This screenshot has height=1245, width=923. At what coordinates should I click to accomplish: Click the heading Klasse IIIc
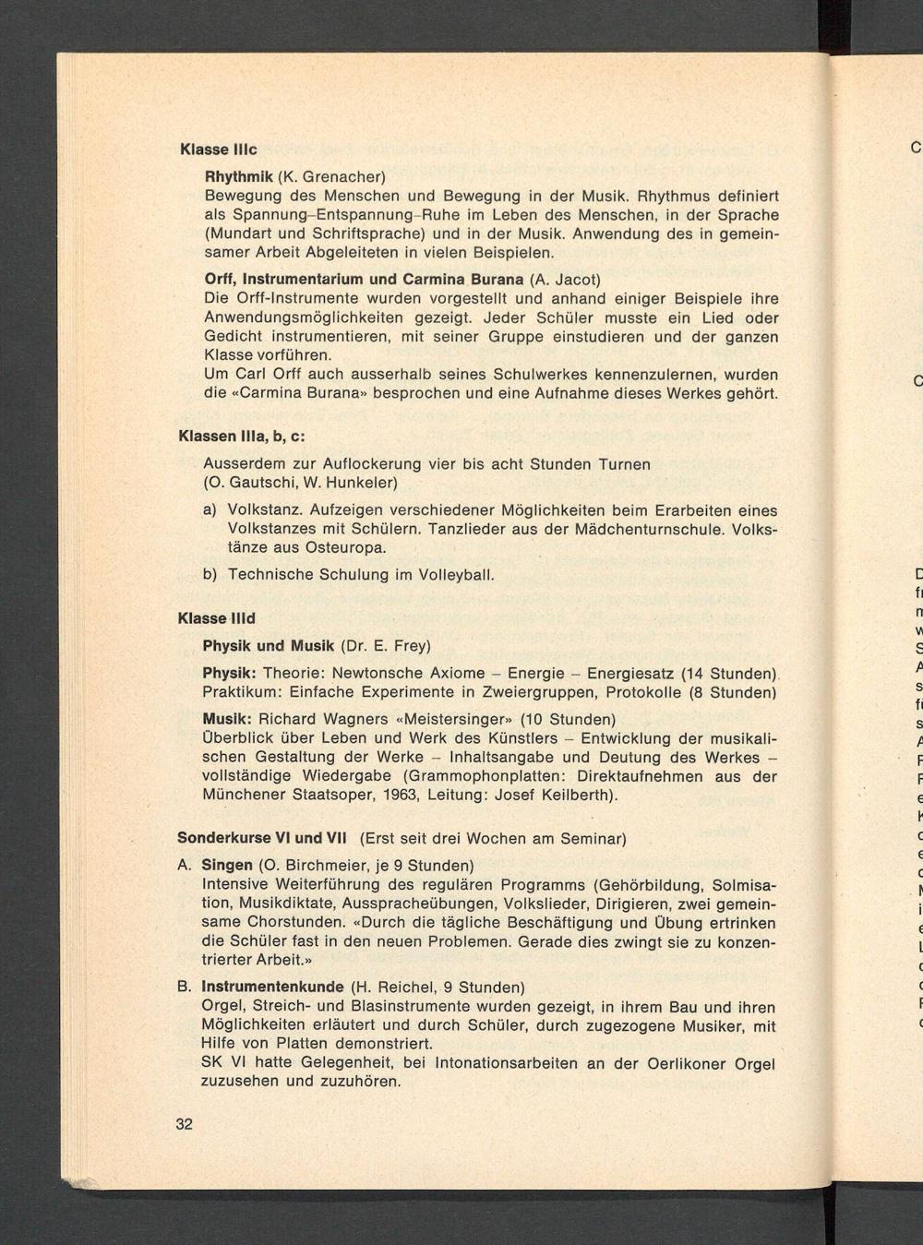coord(217,149)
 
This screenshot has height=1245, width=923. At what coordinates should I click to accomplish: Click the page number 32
coord(184,1123)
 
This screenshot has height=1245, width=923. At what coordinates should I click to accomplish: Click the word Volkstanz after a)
coord(265,510)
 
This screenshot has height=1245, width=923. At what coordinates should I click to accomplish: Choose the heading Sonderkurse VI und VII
coord(261,839)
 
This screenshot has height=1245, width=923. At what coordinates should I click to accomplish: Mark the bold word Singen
coord(227,866)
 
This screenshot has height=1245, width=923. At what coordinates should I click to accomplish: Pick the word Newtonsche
coord(376,673)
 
